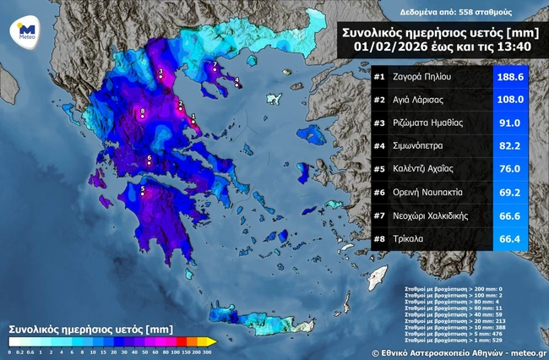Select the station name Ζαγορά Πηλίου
(422, 77)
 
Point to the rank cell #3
(379, 123)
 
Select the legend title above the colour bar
(78, 327)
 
